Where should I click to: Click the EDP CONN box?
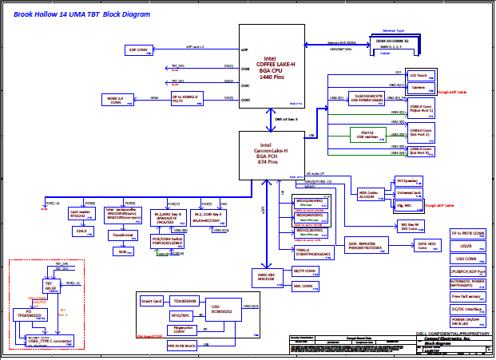pyautogui.click(x=138, y=49)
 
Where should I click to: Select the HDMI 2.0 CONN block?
pyautogui.click(x=115, y=101)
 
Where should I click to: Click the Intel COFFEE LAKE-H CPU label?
pyautogui.click(x=272, y=66)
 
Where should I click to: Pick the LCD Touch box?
pyautogui.click(x=421, y=76)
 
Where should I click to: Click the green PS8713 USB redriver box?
pyautogui.click(x=367, y=134)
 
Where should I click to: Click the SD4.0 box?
pyautogui.click(x=81, y=231)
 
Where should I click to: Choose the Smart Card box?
pyautogui.click(x=152, y=301)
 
